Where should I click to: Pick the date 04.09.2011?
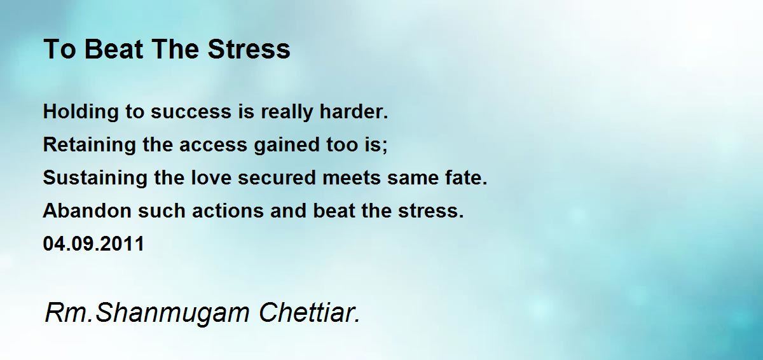(93, 244)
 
